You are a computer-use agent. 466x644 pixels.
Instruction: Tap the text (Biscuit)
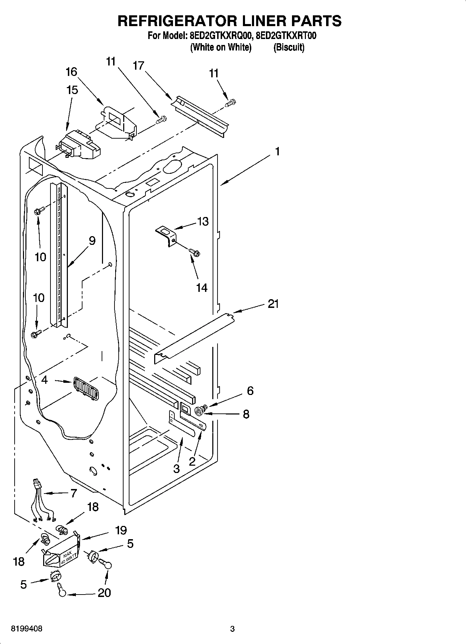289,47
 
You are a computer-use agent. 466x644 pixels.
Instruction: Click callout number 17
139,65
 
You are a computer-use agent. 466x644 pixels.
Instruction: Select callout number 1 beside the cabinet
277,151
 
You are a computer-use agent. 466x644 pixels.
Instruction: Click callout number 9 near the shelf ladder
92,240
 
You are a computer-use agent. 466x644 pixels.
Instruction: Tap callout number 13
203,221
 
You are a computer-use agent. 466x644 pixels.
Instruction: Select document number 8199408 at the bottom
27,629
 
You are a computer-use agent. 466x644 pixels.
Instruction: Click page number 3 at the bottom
232,629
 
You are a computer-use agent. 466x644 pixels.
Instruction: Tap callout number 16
71,72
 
